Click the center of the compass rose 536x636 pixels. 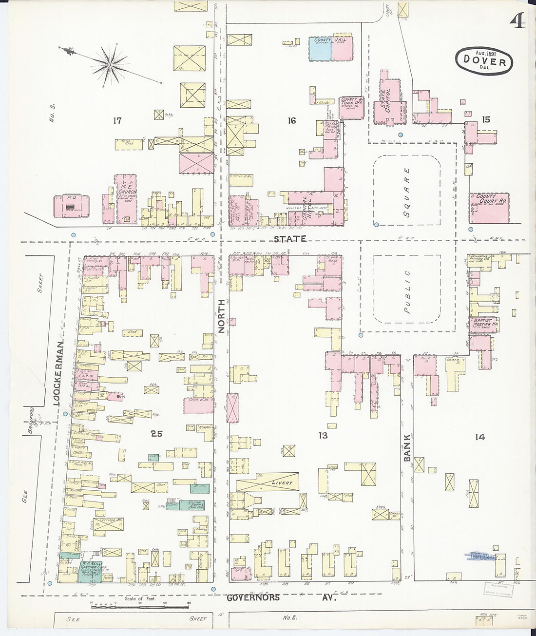(111, 64)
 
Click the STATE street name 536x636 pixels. (290, 239)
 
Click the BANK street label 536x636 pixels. (407, 448)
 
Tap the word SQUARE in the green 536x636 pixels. (407, 193)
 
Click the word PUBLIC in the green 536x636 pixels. (407, 291)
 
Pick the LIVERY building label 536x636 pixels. (283, 483)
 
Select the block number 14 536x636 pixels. (480, 437)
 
